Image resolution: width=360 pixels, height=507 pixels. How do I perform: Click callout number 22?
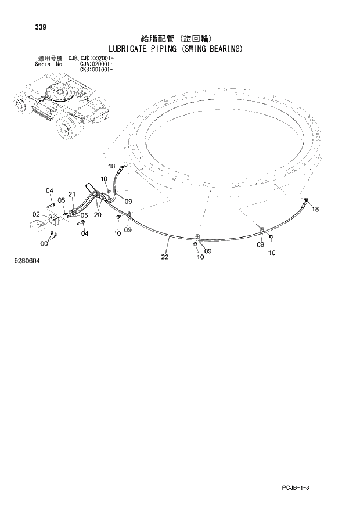[165, 257]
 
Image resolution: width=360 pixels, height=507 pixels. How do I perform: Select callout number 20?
[98, 214]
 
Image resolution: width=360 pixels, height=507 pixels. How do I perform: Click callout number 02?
[35, 214]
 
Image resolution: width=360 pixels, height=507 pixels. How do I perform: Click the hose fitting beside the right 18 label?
[304, 202]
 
